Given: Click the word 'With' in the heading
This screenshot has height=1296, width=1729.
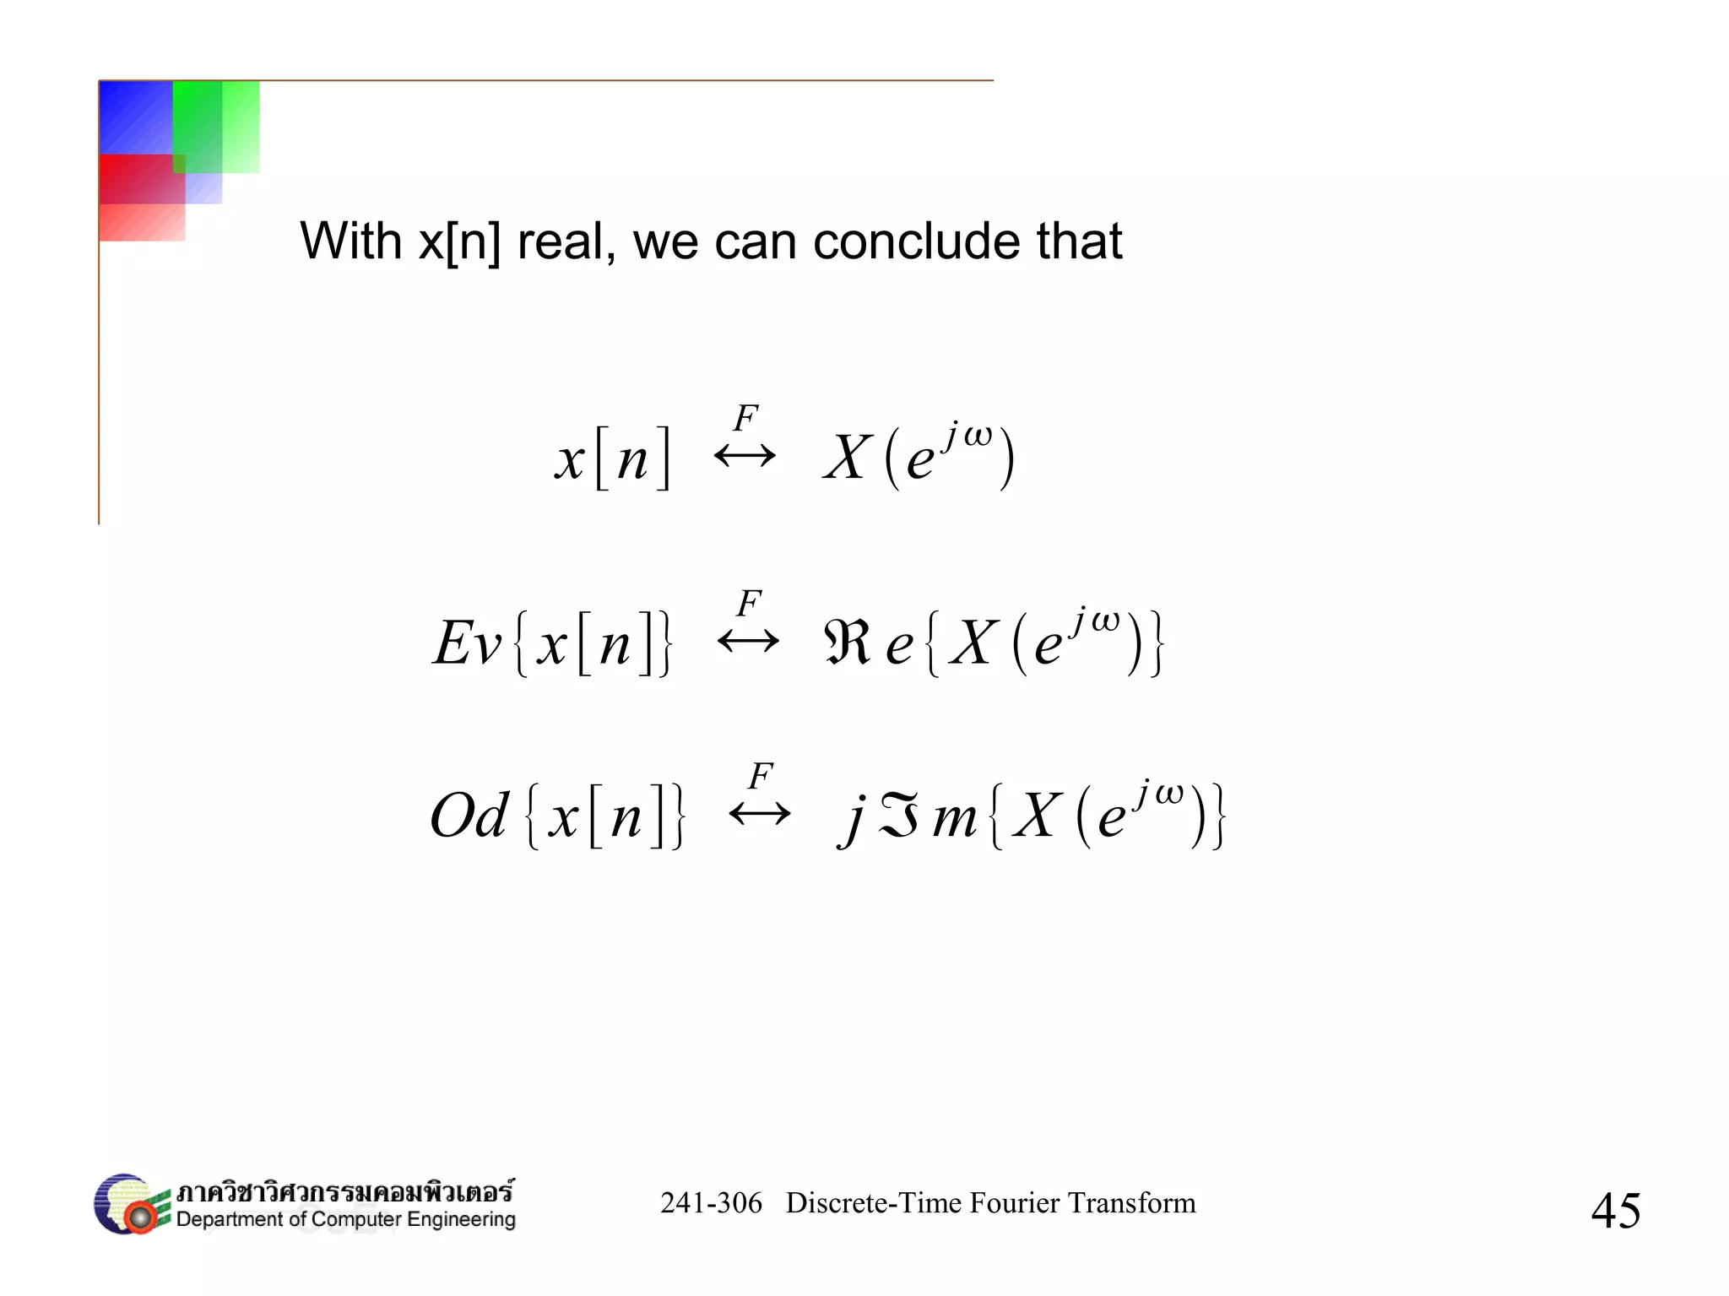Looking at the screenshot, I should coord(350,241).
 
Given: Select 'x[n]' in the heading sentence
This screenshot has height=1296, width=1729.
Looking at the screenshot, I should coord(459,243).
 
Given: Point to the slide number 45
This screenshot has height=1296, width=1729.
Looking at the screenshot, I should coord(1615,1210).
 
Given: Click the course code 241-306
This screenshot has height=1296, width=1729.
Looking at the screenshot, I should coord(711,1203).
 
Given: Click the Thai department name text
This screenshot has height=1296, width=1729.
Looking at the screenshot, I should coord(344,1191).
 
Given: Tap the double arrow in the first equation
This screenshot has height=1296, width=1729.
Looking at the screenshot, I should coord(745,457).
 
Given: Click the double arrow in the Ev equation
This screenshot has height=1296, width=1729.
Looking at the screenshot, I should coord(748,642).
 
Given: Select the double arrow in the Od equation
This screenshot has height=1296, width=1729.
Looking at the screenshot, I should coord(760,814).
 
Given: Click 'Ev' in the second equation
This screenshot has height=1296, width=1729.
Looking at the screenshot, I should coord(467,643).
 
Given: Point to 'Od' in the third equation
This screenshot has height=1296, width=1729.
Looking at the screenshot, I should coord(469,816).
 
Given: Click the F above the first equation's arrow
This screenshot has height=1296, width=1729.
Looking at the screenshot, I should coord(745,417).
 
